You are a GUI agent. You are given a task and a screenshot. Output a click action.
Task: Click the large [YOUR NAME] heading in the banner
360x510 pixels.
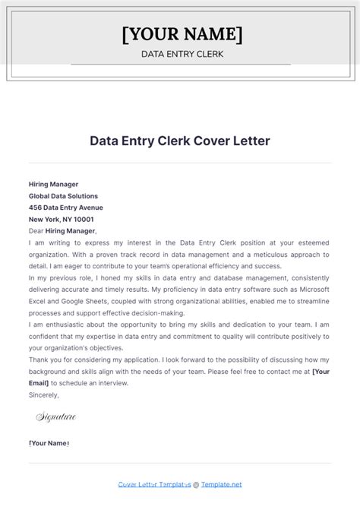tap(182, 34)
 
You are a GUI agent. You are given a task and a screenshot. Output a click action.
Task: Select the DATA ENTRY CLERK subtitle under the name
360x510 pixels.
tap(180, 54)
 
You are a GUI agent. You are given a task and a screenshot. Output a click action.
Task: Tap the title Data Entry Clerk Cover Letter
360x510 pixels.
tap(180, 141)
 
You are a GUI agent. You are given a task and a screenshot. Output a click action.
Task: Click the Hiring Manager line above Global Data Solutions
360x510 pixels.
tap(53, 184)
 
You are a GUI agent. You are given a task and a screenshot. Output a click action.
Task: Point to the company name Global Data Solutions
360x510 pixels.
tap(63, 196)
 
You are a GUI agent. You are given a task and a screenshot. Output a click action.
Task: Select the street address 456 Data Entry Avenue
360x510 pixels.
tap(65, 207)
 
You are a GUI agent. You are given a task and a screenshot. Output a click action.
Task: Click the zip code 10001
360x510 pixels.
tap(77, 219)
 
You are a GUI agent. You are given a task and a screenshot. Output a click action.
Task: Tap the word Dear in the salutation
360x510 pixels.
tap(36, 231)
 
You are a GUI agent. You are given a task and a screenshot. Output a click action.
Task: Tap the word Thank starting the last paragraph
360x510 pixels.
tap(39, 360)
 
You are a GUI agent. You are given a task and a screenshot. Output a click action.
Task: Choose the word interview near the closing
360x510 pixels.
tap(112, 383)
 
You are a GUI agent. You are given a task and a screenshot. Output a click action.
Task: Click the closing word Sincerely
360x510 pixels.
tap(44, 394)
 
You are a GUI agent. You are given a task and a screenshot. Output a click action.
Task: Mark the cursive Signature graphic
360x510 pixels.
tap(56, 417)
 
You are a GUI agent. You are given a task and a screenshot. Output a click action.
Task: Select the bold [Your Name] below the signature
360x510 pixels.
tap(49, 443)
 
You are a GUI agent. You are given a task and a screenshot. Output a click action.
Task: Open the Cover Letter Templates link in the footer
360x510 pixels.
tap(154, 484)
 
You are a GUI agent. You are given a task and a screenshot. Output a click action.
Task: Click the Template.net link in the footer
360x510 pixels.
tap(221, 484)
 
